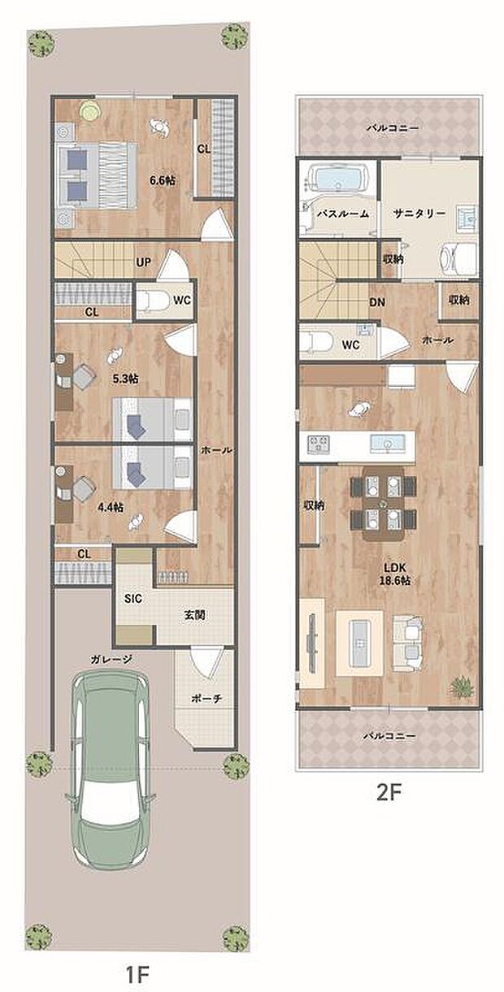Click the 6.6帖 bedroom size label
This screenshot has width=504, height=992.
(x=162, y=180)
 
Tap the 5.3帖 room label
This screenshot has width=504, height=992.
(x=125, y=379)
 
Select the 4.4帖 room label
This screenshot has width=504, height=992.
(x=111, y=507)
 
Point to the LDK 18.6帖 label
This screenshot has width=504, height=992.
(x=395, y=574)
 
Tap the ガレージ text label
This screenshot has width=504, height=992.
(x=111, y=660)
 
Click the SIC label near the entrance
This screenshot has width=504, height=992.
(x=133, y=599)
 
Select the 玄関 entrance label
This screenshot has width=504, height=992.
(x=194, y=615)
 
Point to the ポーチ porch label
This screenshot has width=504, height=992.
(x=206, y=699)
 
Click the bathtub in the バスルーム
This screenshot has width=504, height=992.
(x=338, y=179)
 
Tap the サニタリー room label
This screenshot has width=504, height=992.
(x=419, y=214)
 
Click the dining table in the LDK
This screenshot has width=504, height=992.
(x=384, y=504)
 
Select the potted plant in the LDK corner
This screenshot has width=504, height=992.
(x=462, y=686)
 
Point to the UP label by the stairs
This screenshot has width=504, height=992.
(x=143, y=262)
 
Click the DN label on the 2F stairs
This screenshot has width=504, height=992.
(x=377, y=303)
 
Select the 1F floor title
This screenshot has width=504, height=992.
(x=137, y=975)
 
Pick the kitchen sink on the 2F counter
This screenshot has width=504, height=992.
(x=388, y=444)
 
